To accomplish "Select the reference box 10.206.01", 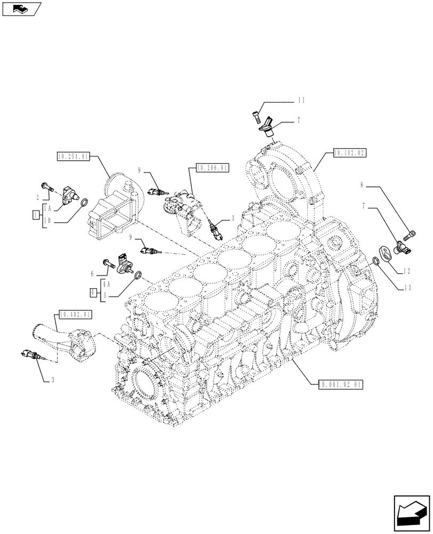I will tap(212, 168).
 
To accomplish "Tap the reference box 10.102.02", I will tap(349, 153).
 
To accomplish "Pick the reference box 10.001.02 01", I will tap(340, 383).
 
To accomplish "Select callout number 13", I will tap(407, 287).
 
